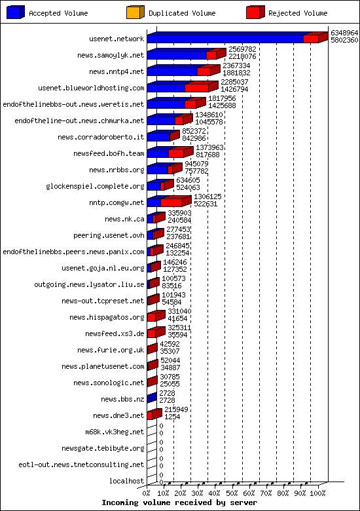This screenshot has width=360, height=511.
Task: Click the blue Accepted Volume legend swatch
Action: point(16,12)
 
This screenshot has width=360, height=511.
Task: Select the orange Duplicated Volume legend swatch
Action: point(135,12)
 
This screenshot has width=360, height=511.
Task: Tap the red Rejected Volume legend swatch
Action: point(255,12)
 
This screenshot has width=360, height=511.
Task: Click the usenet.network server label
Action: point(117,39)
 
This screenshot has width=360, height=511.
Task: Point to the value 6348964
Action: point(344,33)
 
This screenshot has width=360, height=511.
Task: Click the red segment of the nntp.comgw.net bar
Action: point(171,202)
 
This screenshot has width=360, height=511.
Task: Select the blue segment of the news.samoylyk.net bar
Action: point(177,56)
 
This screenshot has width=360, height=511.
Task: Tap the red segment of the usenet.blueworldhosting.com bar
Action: point(197,88)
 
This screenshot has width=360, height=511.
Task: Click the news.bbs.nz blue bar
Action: point(152,398)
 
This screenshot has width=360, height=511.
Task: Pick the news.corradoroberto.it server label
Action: point(101,137)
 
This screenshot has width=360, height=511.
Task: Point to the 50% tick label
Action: point(232,493)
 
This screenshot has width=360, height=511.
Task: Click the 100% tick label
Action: point(317,493)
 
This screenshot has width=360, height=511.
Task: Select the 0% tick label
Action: point(147,493)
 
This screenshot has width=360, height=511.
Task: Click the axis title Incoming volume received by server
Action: point(179,502)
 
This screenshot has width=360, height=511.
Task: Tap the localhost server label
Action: point(126,481)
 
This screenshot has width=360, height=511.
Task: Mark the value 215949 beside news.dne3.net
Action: point(176,409)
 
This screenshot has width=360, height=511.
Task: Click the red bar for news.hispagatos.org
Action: point(151,318)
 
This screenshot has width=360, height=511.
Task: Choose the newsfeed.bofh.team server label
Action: point(109,153)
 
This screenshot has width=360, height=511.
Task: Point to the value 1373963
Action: point(209,147)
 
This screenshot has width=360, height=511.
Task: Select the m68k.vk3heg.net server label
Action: point(115,432)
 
